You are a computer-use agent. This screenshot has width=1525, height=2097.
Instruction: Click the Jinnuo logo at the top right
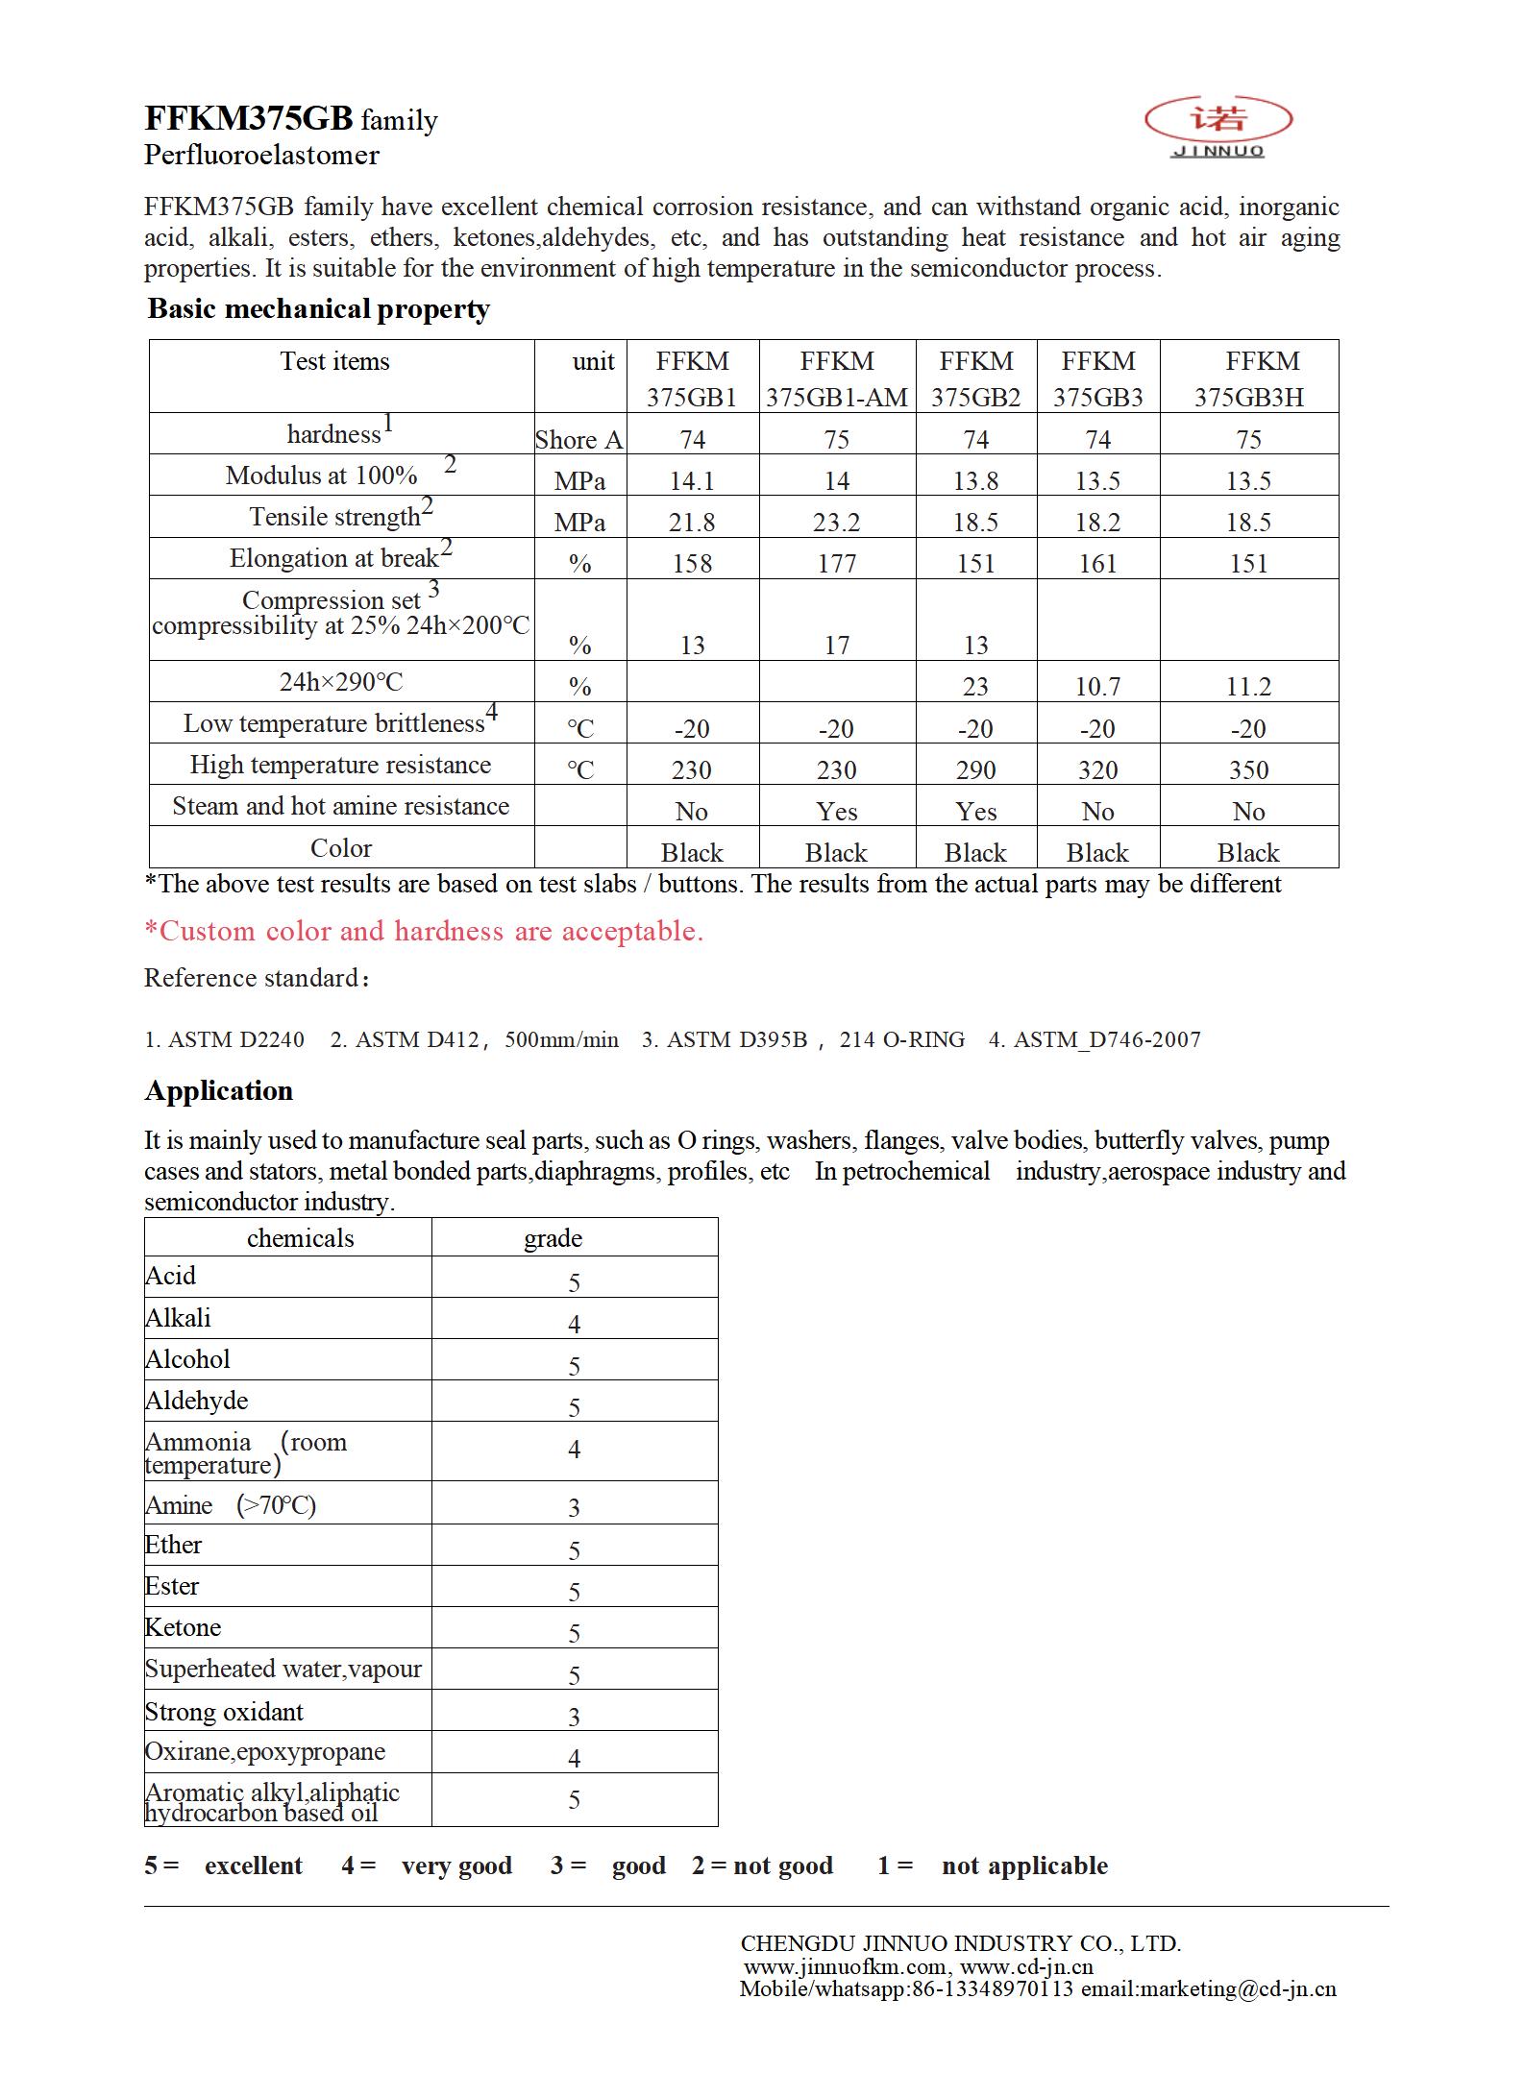(1218, 125)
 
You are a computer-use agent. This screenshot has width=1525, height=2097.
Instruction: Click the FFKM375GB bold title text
(249, 118)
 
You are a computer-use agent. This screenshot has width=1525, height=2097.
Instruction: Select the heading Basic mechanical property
(318, 309)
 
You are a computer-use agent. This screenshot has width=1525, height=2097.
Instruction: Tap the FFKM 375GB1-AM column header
(836, 378)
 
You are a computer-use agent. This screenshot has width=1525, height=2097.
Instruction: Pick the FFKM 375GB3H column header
(1248, 378)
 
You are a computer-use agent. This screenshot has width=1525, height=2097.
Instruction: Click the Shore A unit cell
(579, 440)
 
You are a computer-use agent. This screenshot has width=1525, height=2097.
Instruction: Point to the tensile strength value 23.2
(836, 523)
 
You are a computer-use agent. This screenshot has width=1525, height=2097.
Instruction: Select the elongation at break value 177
(836, 564)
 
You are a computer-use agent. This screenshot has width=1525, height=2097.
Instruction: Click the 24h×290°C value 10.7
(1097, 687)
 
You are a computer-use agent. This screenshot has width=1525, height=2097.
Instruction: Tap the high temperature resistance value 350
(1248, 770)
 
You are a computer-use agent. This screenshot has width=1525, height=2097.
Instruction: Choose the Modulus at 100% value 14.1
(692, 481)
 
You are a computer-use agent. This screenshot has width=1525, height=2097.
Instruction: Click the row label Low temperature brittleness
(334, 723)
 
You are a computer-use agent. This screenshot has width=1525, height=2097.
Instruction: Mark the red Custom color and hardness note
(424, 931)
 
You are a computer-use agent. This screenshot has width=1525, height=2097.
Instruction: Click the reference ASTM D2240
(225, 1039)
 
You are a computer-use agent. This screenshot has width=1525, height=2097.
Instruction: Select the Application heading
(219, 1091)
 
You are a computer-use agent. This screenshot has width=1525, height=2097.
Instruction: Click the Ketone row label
(183, 1627)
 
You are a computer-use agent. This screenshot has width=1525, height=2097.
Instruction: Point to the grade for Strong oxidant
(574, 1717)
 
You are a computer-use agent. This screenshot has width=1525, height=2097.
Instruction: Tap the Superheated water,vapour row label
(283, 1669)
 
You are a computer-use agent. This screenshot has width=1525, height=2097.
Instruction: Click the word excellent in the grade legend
(253, 1865)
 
